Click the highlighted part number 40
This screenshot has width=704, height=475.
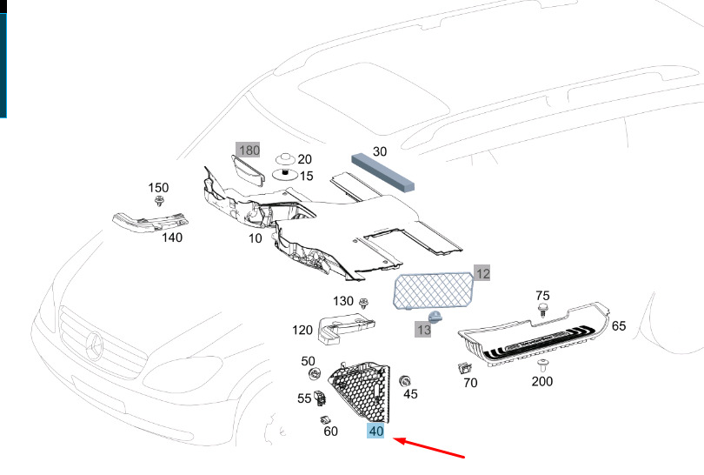pyautogui.click(x=375, y=432)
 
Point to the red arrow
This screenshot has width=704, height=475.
pyautogui.click(x=428, y=448)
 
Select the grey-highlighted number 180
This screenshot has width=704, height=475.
pyautogui.click(x=249, y=151)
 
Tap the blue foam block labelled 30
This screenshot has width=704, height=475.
pyautogui.click(x=382, y=172)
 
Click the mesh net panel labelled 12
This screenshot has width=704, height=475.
pyautogui.click(x=434, y=291)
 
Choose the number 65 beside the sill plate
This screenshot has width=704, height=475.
pyautogui.click(x=619, y=326)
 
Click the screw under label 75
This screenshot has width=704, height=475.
pyautogui.click(x=543, y=310)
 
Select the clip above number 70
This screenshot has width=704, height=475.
pyautogui.click(x=464, y=369)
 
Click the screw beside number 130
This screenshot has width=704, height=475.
pyautogui.click(x=363, y=304)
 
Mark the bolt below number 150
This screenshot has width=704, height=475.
pyautogui.click(x=159, y=201)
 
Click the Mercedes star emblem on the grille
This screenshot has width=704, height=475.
pyautogui.click(x=95, y=346)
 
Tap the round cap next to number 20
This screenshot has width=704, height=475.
pyautogui.click(x=285, y=158)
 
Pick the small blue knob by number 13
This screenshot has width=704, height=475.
pyautogui.click(x=435, y=317)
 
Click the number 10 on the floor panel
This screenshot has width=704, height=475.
pyautogui.click(x=256, y=238)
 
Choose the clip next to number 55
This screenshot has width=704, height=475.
pyautogui.click(x=320, y=398)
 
